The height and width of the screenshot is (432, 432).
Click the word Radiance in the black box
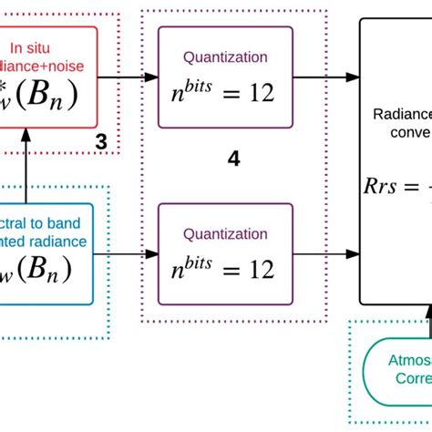(x=401, y=115)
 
